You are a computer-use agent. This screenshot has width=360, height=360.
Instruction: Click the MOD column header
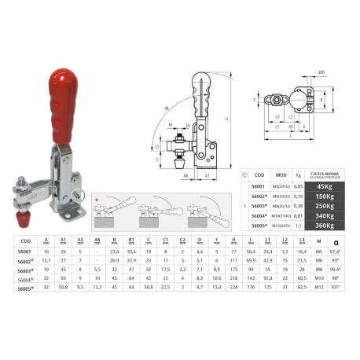[x=281, y=174]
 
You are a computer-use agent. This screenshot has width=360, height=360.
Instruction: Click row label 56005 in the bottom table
[x=25, y=288]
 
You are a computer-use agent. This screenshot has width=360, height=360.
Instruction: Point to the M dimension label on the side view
[x=171, y=124]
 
